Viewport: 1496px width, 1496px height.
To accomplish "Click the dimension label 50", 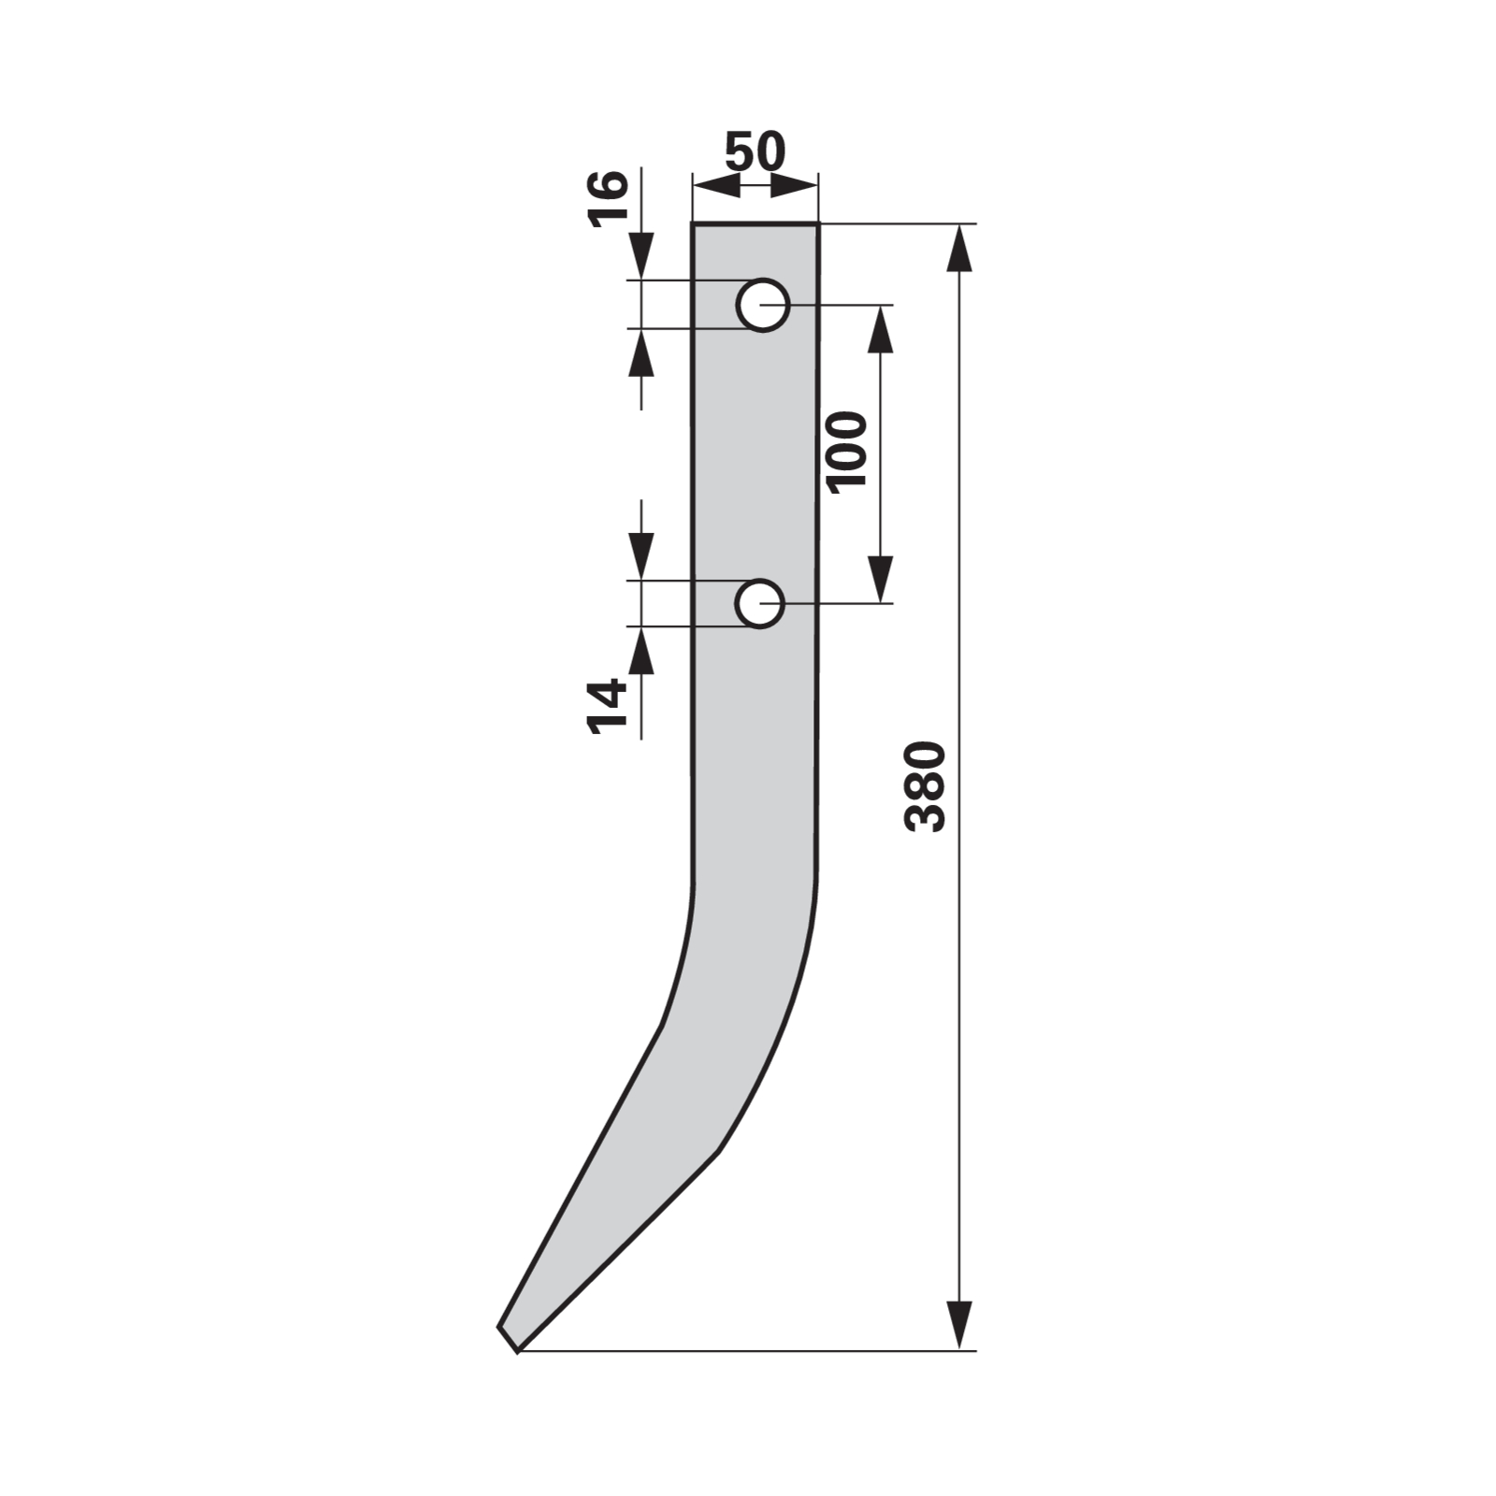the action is [x=755, y=152].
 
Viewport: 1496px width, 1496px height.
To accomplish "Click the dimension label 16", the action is [x=608, y=198].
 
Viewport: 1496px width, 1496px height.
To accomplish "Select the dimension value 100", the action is [x=847, y=451].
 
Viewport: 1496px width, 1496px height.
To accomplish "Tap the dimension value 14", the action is [x=607, y=706].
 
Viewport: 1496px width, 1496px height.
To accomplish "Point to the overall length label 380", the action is [x=926, y=786].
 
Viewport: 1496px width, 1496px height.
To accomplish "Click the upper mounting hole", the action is [x=763, y=304].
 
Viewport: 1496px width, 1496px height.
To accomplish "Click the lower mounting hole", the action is [x=759, y=603].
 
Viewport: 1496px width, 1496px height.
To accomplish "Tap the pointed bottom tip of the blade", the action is [x=515, y=1350].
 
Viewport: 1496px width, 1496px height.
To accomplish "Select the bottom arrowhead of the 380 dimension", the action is [x=959, y=1325].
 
